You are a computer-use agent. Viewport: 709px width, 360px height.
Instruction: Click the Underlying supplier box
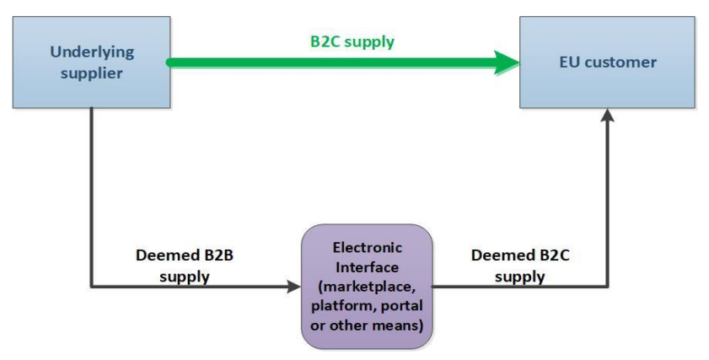pos(89,63)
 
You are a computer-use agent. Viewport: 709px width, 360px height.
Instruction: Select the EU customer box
pos(607,63)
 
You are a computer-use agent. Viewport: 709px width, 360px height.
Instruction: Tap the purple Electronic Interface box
pos(367,286)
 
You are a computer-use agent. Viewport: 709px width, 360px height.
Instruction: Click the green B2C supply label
pos(349,41)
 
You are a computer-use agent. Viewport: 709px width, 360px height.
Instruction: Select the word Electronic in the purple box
pos(368,248)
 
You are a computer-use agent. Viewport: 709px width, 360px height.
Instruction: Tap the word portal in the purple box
pos(403,304)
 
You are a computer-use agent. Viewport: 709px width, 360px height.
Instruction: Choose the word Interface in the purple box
pos(368,266)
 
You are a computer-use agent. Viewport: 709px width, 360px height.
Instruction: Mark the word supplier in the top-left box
pos(87,73)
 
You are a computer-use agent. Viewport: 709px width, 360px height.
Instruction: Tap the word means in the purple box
pos(400,323)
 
